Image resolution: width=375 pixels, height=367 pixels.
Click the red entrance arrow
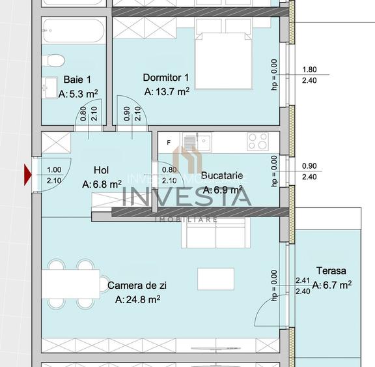28,175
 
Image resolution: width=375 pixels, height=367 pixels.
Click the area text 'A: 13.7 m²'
167,92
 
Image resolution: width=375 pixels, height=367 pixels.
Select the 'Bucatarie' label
222,175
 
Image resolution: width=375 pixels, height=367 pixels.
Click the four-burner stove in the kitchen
257,141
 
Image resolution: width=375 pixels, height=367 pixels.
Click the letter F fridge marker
169,141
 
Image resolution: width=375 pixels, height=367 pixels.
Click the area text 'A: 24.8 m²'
137,300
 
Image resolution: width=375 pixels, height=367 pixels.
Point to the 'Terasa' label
331,271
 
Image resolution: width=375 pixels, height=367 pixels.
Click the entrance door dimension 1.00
54,170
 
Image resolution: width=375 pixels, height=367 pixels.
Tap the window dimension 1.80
310,70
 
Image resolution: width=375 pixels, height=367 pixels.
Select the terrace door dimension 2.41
302,281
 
